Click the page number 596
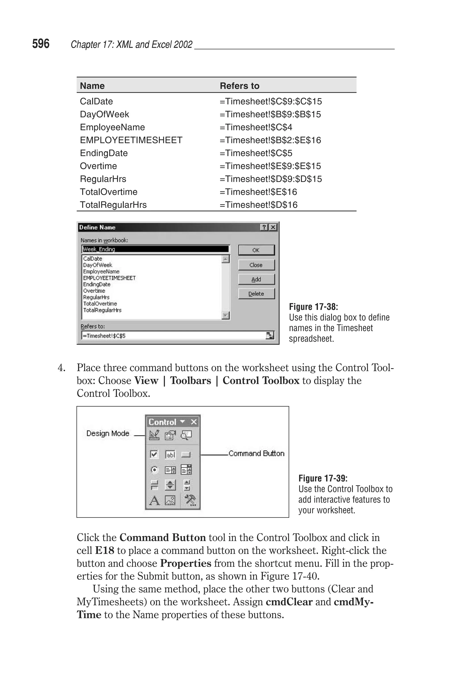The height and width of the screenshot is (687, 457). [41, 44]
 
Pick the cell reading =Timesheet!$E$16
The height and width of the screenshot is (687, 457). [258, 192]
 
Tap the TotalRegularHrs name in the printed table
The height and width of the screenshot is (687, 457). [113, 205]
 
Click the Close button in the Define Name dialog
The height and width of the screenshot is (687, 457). [256, 265]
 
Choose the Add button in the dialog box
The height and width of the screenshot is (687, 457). [256, 279]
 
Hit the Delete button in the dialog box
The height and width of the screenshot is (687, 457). [256, 294]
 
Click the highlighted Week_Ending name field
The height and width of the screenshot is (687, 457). [155, 249]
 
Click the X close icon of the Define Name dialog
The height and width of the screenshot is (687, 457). [273, 227]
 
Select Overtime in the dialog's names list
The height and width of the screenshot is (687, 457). [94, 291]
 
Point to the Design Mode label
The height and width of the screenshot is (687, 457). [108, 433]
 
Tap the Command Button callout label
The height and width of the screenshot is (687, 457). [256, 453]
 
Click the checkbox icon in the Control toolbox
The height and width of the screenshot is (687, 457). [154, 454]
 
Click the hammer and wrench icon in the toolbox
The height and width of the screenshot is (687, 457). [190, 500]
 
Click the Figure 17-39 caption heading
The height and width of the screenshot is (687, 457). [323, 478]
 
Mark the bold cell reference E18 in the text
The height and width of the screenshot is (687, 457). [104, 550]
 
